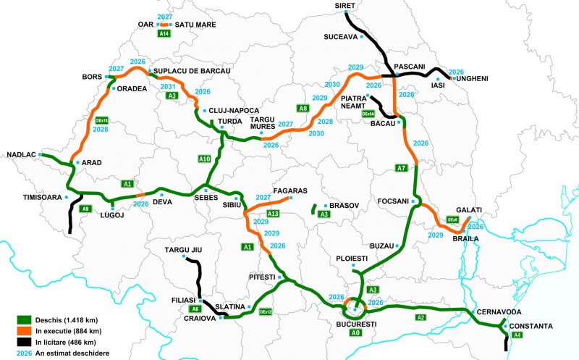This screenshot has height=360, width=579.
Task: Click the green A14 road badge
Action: click(164, 33)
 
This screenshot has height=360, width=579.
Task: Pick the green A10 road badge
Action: click(205, 158)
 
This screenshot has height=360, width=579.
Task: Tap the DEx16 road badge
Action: click(101, 120)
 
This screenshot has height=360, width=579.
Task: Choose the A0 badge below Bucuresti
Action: click(354, 333)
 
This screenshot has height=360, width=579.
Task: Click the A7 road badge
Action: click(401, 168)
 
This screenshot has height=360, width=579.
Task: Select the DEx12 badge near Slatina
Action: click(266, 311)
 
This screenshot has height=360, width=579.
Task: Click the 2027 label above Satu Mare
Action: click(164, 16)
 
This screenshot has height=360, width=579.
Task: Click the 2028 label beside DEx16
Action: click(101, 130)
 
